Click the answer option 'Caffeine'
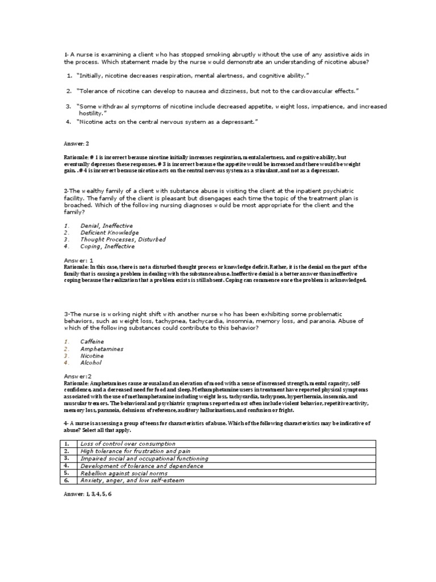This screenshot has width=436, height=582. point(93,342)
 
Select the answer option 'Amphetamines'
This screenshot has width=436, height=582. point(102,349)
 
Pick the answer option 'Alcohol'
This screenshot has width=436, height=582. point(91,363)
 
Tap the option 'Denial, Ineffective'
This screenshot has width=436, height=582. point(107,226)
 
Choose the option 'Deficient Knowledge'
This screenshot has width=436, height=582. point(110,232)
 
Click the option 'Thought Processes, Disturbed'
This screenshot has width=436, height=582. point(123,240)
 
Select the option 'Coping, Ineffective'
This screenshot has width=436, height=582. point(108,247)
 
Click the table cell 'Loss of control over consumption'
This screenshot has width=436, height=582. point(128,443)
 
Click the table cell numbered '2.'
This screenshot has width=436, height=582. point(66,451)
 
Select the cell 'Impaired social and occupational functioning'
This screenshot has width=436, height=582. point(145,458)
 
